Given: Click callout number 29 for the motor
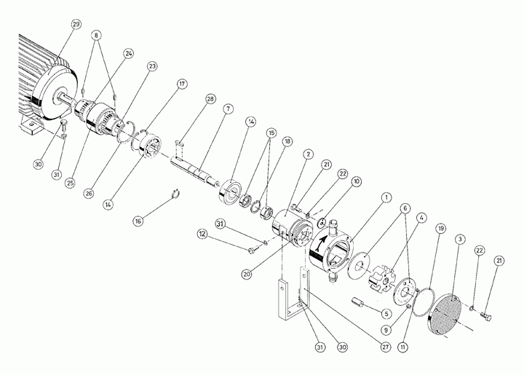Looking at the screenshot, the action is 76,25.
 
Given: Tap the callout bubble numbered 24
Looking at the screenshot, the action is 128,53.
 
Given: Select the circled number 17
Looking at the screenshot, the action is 182,84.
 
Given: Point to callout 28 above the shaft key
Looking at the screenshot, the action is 210,99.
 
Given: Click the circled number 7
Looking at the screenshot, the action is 229,109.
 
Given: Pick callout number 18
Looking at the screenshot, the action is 287,141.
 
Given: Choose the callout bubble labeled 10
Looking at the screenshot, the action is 357,181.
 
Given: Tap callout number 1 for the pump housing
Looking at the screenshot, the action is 386,197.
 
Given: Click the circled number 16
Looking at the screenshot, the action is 139,221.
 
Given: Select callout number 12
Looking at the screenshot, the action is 202,234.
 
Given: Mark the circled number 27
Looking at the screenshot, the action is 386,347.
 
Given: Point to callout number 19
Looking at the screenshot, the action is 441,228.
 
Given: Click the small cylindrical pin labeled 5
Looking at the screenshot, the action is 357,302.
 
